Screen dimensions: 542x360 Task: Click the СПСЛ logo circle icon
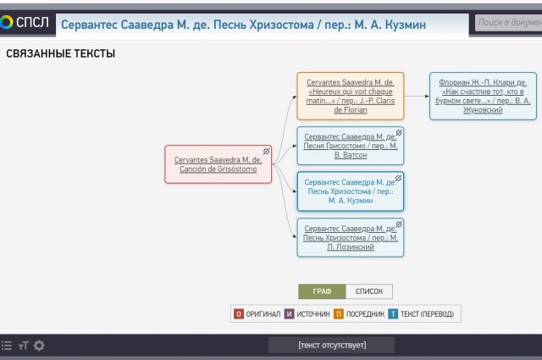coord(6,23)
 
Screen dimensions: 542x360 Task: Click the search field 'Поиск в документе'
coord(508,23)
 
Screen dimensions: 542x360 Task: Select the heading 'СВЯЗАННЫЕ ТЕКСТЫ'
coord(60,53)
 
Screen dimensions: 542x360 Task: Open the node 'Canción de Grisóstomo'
coord(218,164)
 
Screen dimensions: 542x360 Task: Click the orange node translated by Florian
coord(350,96)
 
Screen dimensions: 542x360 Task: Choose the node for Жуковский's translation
coord(483,96)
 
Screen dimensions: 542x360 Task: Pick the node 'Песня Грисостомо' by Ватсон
coord(350,146)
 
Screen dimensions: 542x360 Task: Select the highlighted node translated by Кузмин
coord(350,191)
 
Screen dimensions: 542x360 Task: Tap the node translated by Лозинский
coord(350,237)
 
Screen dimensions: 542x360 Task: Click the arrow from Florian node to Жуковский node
coord(417,96)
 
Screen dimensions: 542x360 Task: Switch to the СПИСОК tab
coord(369,291)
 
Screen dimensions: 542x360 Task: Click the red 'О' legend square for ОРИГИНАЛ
coord(239,313)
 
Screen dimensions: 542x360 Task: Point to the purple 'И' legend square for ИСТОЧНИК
coord(290,313)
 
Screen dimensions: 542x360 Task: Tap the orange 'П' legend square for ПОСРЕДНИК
coord(339,313)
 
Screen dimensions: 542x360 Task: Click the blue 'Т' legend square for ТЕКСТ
coord(393,313)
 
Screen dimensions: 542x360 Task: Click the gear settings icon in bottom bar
coord(39,346)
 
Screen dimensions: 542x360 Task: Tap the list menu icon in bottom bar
coord(7,346)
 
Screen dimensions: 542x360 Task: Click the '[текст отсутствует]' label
coord(332,345)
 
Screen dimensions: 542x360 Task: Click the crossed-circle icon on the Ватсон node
coord(399,133)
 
